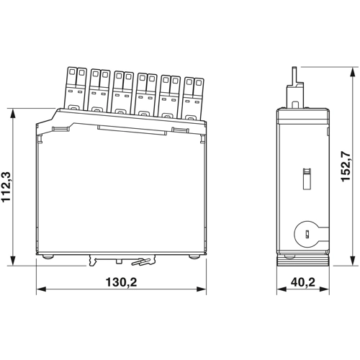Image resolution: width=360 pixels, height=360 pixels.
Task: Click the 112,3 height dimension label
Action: pos(8,186)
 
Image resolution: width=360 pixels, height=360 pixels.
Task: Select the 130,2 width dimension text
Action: pos(122,282)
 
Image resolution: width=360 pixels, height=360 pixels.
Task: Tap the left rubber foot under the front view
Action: pos(48,256)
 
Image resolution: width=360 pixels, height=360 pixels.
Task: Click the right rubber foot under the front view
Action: pos(195,256)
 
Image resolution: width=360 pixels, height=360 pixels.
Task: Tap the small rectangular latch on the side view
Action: pos(305,177)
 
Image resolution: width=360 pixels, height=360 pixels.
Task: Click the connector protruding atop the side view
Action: pos(294,87)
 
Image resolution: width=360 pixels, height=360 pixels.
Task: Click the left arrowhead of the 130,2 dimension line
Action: pos(40,291)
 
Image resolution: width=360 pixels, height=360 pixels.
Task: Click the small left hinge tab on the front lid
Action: pos(59,128)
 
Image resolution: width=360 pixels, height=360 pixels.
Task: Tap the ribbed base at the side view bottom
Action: pos(303,258)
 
